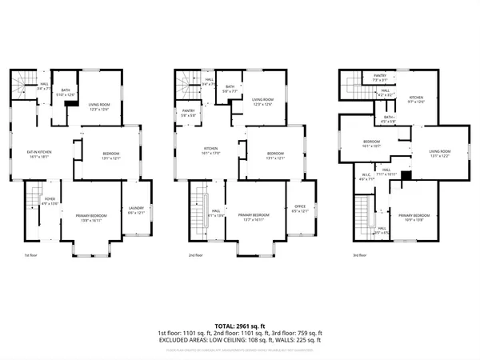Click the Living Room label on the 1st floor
click(x=99, y=103)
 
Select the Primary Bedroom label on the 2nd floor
click(x=254, y=215)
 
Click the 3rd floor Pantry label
click(x=380, y=78)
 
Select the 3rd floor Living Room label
click(x=436, y=154)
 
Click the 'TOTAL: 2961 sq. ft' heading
click(x=239, y=326)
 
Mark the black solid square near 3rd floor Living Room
click(x=406, y=175)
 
